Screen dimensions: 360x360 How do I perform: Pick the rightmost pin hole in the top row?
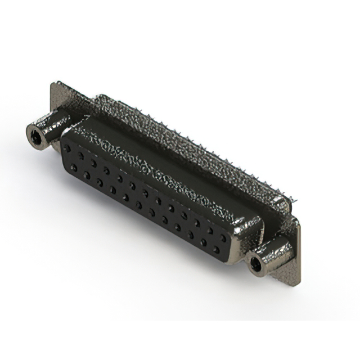(x=223, y=238)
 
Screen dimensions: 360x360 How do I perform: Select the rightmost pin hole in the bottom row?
(x=216, y=250)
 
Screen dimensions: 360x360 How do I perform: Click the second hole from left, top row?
(x=81, y=156)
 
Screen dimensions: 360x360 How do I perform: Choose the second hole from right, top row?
(x=210, y=231)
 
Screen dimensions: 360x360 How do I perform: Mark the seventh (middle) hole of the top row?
(x=146, y=193)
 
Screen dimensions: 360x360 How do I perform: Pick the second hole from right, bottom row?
(x=203, y=242)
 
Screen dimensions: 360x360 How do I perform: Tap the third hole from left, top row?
(x=94, y=163)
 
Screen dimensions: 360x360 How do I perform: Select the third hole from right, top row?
(x=197, y=223)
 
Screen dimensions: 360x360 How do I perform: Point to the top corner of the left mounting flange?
(x=53, y=84)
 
